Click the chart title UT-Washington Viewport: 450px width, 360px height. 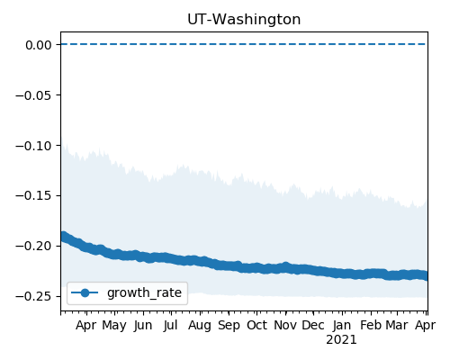[244, 20]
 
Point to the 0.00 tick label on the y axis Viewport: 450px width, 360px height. [39, 45]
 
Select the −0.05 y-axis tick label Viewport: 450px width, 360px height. [33, 95]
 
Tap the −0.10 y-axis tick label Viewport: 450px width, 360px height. [33, 146]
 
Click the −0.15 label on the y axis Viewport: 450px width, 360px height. [33, 196]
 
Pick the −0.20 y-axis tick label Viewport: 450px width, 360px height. [33, 247]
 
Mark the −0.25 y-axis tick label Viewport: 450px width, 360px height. [33, 297]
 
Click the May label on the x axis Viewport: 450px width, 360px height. [114, 326]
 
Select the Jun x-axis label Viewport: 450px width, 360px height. [143, 326]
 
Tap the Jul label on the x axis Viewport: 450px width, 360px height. [171, 326]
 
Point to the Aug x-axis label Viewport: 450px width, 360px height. [200, 326]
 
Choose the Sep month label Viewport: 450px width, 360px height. [229, 326]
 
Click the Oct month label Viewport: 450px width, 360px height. [256, 325]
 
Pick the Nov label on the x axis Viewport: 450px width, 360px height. [285, 325]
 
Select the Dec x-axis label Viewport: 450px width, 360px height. [313, 325]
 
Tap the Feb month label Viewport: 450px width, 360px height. [371, 325]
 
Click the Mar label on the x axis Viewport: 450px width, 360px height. [397, 325]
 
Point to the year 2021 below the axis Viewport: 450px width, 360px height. [341, 340]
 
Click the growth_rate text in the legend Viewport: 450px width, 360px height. [144, 293]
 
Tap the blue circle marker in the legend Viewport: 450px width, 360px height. [85, 292]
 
